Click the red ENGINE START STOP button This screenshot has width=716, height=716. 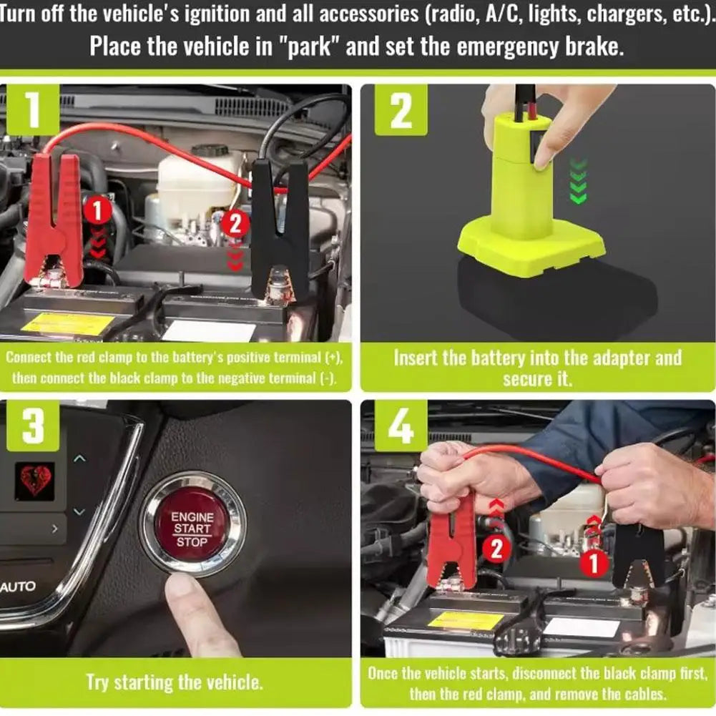tap(192, 530)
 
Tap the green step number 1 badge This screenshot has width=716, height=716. tap(33, 109)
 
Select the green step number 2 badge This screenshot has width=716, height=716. tap(401, 109)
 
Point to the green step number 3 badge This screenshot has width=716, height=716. tap(33, 426)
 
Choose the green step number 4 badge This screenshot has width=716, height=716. tap(401, 426)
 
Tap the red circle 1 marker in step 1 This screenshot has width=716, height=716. tap(97, 211)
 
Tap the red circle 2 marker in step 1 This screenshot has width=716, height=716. tap(235, 224)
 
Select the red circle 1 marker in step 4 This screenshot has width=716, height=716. tap(594, 562)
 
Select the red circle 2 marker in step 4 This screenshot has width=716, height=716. tap(496, 549)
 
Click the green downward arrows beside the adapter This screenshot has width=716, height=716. tap(579, 181)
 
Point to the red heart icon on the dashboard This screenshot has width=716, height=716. tap(35, 481)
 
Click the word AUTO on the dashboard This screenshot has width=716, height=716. tap(17, 587)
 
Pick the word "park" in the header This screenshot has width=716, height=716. tap(310, 46)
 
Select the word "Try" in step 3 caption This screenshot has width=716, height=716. tap(97, 683)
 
